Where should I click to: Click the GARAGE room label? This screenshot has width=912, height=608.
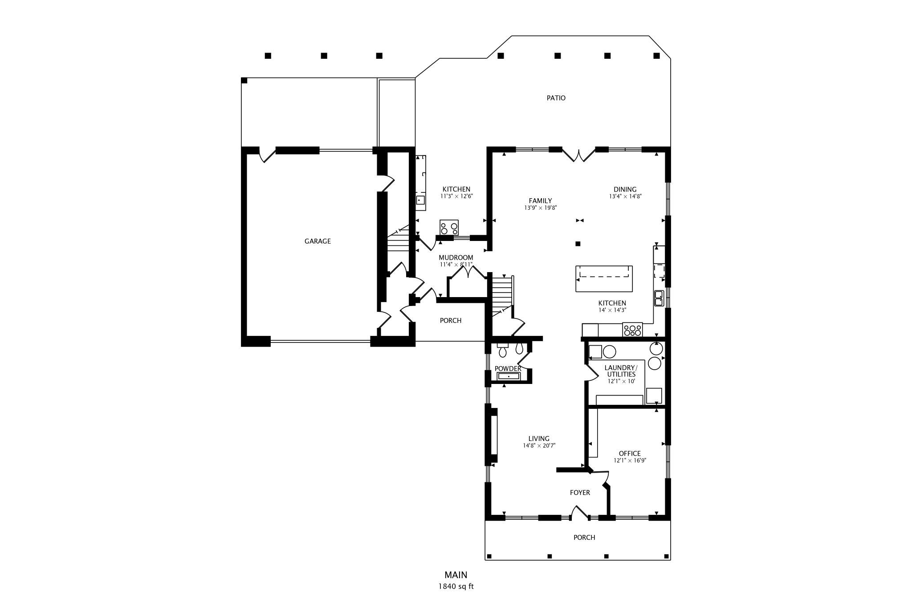tap(318, 241)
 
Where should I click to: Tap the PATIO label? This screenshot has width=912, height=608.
tap(556, 98)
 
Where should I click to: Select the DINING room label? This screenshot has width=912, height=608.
tap(625, 189)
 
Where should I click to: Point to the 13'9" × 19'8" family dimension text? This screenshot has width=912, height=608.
tap(541, 208)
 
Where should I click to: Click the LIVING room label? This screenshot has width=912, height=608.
tap(539, 438)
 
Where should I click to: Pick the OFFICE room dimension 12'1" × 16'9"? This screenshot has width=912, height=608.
tap(630, 461)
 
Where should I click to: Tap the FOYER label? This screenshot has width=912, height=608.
tap(580, 493)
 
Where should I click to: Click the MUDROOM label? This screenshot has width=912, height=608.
tap(456, 257)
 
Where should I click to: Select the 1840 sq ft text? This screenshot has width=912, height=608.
tap(456, 586)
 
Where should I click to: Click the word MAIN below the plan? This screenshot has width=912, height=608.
tap(456, 575)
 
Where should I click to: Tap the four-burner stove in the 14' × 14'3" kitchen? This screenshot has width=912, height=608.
tap(632, 330)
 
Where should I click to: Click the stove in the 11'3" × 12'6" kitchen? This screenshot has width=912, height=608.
tap(449, 228)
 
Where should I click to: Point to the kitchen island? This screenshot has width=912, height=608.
tap(604, 278)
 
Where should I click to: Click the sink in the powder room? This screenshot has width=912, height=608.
tap(509, 376)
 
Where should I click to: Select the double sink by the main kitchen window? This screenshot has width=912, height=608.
tap(659, 298)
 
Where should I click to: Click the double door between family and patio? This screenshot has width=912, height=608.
tap(578, 154)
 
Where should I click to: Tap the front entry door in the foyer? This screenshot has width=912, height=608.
tap(579, 513)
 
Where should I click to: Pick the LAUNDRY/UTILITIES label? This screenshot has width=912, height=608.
tap(621, 371)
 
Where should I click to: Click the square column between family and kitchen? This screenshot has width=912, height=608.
tap(578, 244)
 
